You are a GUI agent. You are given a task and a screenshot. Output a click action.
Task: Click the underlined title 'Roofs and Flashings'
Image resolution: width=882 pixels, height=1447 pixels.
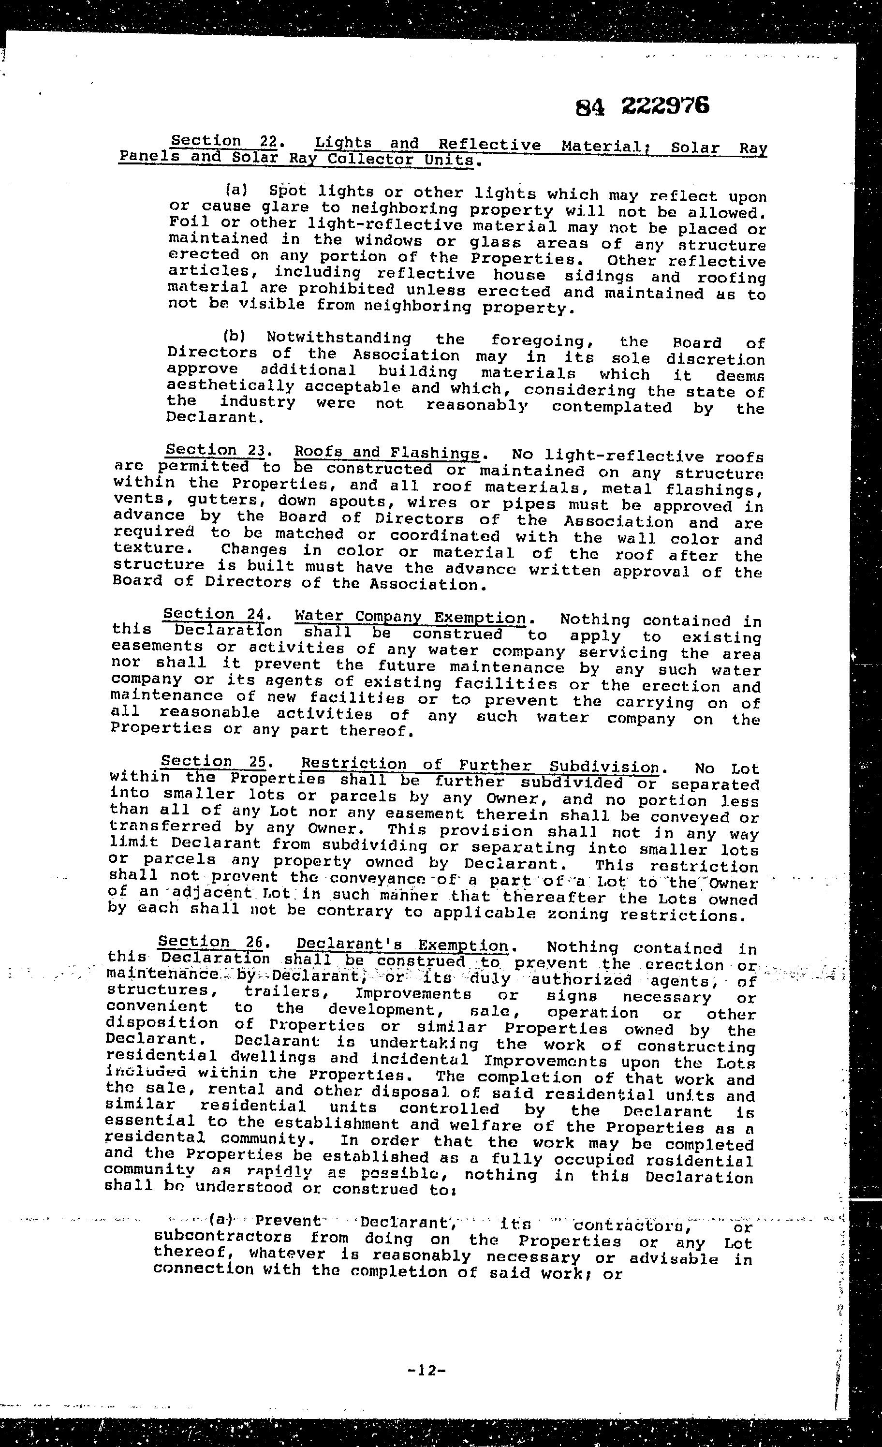tap(386, 453)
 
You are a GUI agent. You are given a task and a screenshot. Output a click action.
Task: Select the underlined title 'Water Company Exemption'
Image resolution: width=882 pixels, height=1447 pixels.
tap(410, 617)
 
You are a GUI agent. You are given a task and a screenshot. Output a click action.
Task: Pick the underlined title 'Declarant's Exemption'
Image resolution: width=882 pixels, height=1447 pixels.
tap(402, 945)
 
